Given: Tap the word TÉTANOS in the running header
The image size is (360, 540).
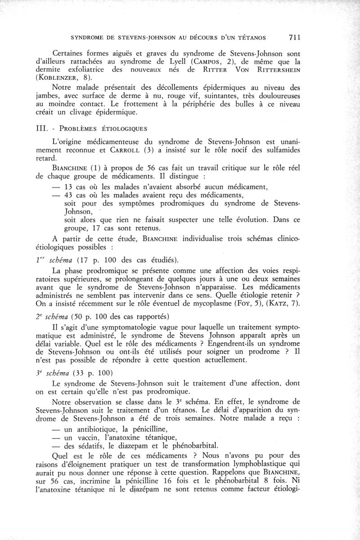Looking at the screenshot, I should pos(246,37).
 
